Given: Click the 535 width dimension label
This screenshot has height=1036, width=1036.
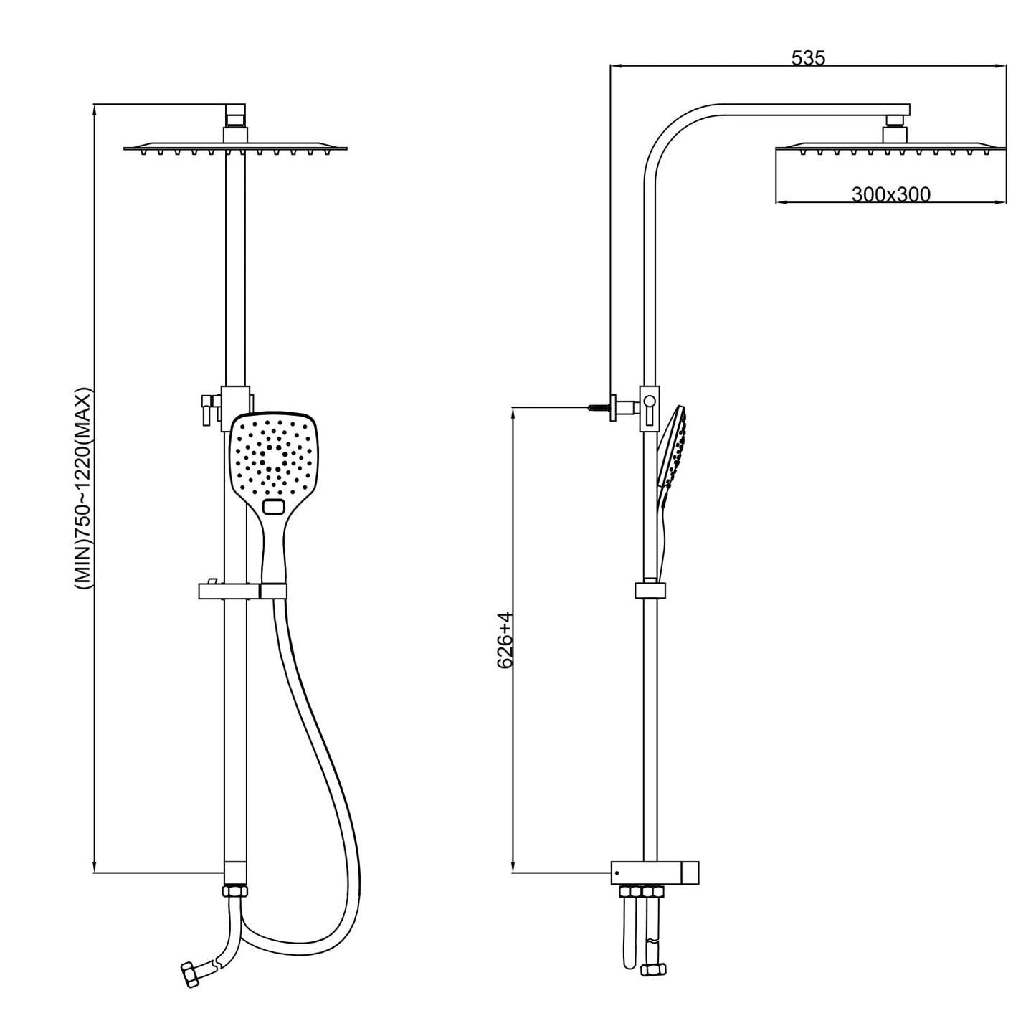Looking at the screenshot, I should click(808, 58).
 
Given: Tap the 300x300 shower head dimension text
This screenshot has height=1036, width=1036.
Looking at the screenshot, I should click(890, 194).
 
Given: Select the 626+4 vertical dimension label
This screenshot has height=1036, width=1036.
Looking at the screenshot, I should click(505, 640).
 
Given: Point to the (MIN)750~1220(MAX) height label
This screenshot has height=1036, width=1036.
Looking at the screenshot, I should click(85, 490).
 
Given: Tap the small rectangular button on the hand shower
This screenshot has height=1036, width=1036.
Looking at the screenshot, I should click(273, 508).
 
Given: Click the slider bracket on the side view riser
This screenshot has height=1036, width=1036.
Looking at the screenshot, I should click(650, 590).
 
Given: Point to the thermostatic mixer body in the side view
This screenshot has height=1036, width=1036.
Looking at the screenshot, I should click(655, 873).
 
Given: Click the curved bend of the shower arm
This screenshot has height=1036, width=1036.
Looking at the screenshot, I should click(667, 133).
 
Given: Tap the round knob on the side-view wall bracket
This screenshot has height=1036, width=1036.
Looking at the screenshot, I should click(649, 402).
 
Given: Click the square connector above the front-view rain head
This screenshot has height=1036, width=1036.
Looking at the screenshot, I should click(235, 112).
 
